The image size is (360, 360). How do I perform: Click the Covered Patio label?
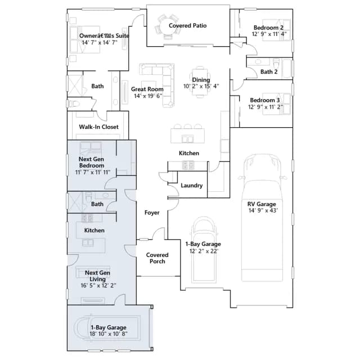187,25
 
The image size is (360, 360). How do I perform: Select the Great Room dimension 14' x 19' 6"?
148,96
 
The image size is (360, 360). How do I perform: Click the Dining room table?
200,82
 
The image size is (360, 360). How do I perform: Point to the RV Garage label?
262,204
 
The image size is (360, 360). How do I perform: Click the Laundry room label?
191,186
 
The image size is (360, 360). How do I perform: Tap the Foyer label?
152,213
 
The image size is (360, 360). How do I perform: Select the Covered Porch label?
157,258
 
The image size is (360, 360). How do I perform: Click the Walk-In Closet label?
99,127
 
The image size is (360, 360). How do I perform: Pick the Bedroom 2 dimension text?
269,34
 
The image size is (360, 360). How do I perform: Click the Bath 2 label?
269,72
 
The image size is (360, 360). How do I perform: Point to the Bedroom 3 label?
265,100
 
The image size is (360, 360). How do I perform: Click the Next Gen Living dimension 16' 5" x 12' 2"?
98,285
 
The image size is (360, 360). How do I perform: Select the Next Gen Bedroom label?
91,162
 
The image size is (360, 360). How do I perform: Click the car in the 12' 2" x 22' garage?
204,249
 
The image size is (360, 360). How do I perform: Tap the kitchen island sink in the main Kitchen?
187,139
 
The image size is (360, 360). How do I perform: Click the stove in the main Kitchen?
188,165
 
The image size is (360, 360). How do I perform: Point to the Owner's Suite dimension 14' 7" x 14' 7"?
100,43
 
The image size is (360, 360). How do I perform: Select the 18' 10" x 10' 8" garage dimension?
109,334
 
